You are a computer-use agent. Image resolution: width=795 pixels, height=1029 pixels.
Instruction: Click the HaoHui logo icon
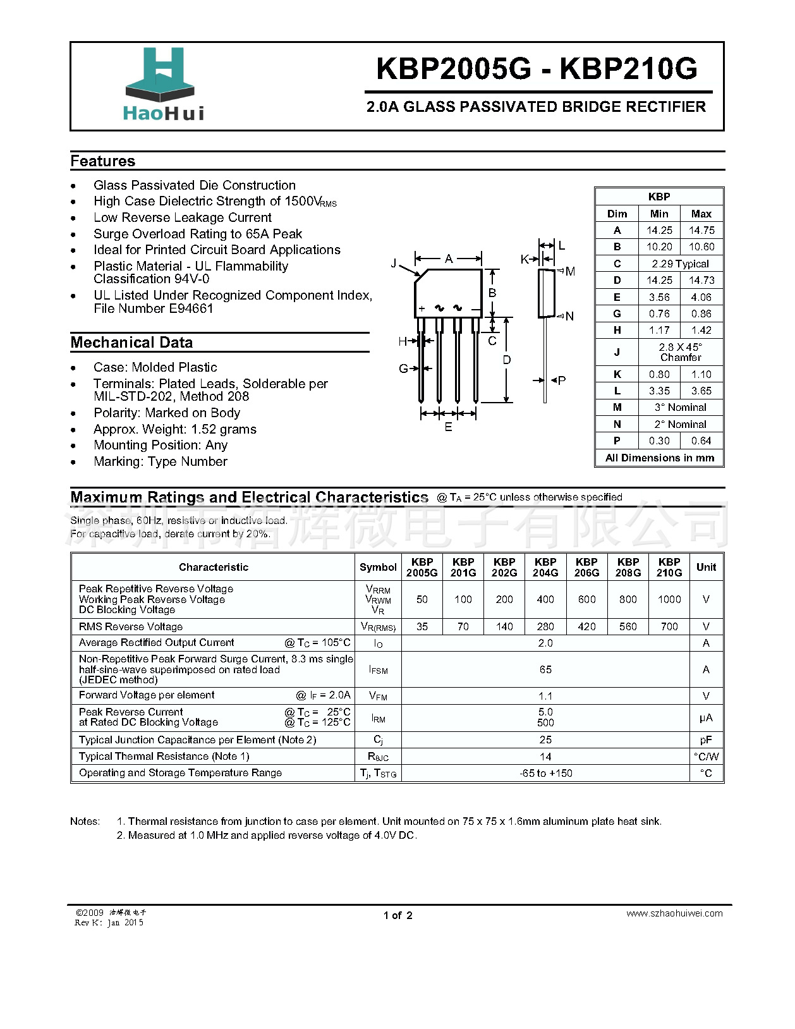160,75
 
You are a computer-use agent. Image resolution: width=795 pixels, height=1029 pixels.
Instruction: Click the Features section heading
103,161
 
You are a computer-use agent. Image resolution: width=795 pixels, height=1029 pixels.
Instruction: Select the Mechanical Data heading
131,343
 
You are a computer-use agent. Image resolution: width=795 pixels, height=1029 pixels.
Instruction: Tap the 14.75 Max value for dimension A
701,231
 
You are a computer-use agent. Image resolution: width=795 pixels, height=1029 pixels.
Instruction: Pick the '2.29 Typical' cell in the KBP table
680,264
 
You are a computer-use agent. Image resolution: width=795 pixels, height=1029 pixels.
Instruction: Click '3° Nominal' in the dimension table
680,408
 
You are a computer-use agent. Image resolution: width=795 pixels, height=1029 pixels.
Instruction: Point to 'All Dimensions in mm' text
659,458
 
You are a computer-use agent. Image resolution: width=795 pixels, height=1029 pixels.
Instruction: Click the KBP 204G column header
545,567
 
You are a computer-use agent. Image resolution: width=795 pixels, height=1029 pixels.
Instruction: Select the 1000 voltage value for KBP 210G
669,599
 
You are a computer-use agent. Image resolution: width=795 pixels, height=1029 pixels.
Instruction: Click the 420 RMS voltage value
586,626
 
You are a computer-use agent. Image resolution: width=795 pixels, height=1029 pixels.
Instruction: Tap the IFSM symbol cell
378,670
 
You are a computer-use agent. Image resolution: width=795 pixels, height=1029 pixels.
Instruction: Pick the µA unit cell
706,717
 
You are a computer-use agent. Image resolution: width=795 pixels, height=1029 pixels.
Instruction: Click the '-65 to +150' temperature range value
545,773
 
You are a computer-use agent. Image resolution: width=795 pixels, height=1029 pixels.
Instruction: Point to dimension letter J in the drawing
394,263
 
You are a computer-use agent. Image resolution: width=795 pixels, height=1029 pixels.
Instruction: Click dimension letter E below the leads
448,427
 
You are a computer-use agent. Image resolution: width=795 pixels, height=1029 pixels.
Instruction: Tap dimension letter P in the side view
562,381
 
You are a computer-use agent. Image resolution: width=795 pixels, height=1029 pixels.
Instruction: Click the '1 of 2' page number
397,915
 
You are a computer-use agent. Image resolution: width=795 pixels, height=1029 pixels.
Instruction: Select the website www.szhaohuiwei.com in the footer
674,913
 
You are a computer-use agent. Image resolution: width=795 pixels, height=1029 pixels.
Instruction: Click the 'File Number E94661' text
154,308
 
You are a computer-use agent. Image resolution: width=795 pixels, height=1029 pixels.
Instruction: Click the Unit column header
706,567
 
